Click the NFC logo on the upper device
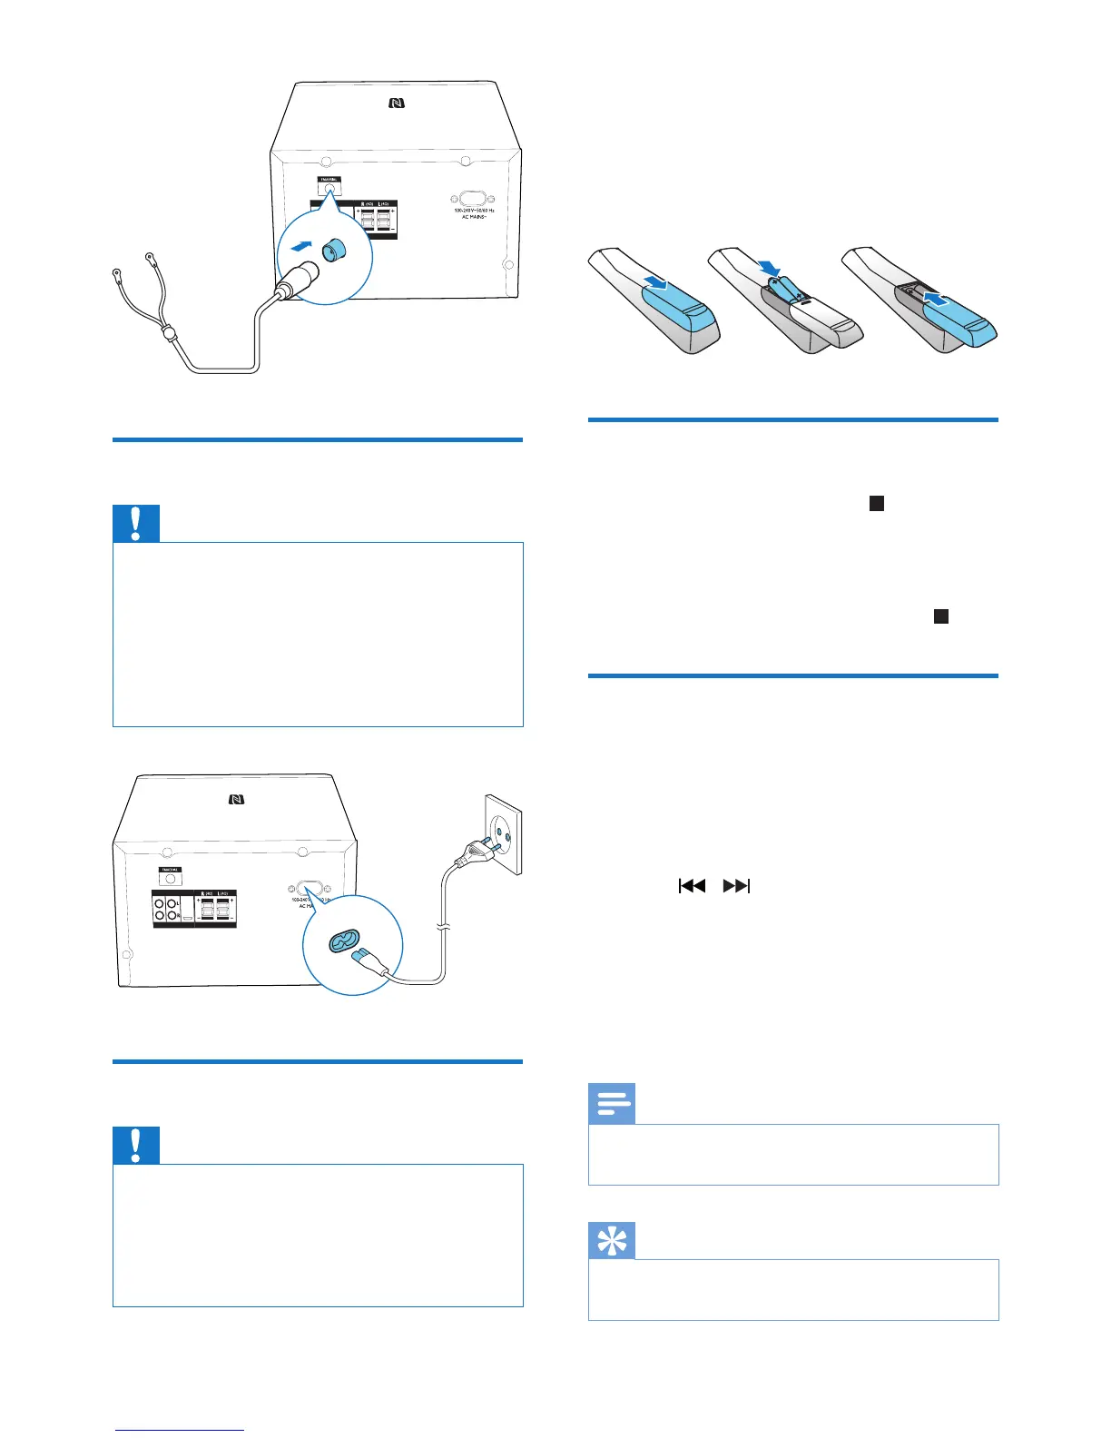point(397,104)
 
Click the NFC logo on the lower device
point(236,800)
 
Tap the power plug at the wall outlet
point(477,850)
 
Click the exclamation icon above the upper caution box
point(136,524)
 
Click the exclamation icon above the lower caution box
point(136,1146)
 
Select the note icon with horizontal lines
point(612,1104)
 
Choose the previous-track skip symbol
point(692,886)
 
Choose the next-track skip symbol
point(736,886)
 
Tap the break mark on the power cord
point(441,927)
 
